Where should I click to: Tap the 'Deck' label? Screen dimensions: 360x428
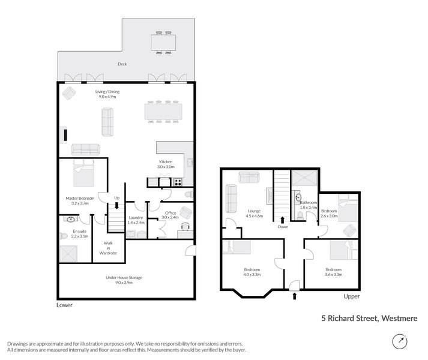pos(122,64)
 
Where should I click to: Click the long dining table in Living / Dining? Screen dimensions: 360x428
pos(163,112)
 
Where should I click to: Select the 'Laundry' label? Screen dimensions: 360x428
pos(135,220)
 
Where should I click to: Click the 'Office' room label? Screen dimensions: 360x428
pos(170,214)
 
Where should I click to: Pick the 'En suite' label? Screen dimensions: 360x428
pos(80,233)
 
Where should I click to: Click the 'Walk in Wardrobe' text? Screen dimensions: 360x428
pos(108,247)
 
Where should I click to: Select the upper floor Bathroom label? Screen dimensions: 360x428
pos(308,205)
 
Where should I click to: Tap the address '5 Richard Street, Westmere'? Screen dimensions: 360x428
pos(369,319)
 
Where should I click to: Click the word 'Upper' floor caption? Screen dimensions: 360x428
pos(352,296)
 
